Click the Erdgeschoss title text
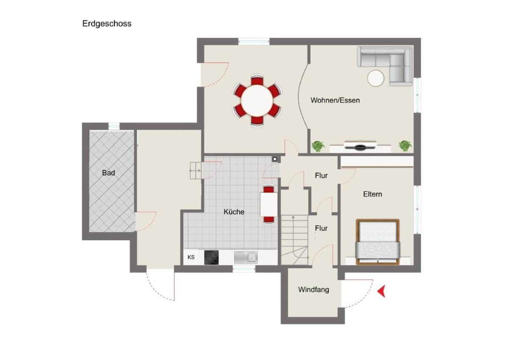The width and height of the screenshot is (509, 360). [x=106, y=24]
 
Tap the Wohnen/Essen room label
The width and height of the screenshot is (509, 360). [x=335, y=100]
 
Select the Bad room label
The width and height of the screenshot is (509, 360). [x=108, y=173]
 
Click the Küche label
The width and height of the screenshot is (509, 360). [x=234, y=211]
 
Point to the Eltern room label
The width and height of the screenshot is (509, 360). [x=372, y=194]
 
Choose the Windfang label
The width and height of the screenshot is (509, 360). [x=313, y=290]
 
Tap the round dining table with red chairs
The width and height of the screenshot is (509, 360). [x=257, y=101]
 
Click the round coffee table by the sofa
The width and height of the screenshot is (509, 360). [x=375, y=78]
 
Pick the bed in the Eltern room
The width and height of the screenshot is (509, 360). [x=378, y=241]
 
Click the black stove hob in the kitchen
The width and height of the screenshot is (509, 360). [x=211, y=257]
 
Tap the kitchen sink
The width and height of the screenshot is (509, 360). [x=246, y=257]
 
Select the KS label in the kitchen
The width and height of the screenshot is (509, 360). [x=191, y=257]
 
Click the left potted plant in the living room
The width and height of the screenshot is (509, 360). [x=318, y=146]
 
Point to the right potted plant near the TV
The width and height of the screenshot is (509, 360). [x=405, y=146]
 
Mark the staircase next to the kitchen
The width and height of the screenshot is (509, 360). [x=294, y=240]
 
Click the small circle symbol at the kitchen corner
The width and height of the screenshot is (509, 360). [x=275, y=159]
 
